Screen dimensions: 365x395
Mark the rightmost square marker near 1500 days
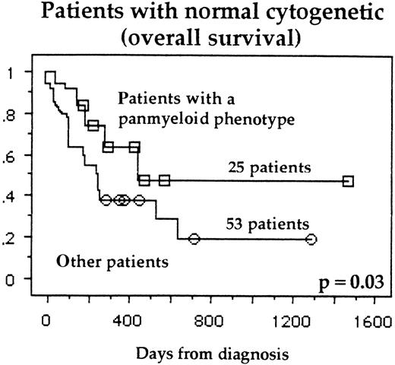tap(348, 181)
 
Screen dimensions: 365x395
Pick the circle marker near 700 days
tap(194, 239)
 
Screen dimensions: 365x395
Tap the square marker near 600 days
tap(164, 181)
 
